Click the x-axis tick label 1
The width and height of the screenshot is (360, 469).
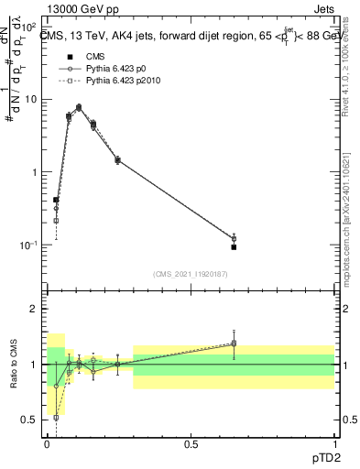[x=334, y=443]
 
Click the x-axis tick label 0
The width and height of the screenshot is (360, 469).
[x=48, y=443]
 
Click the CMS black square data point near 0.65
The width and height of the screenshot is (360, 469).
[x=234, y=247]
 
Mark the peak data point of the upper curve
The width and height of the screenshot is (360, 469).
[x=79, y=107]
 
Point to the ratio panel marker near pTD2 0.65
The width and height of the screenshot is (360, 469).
[x=234, y=344]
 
